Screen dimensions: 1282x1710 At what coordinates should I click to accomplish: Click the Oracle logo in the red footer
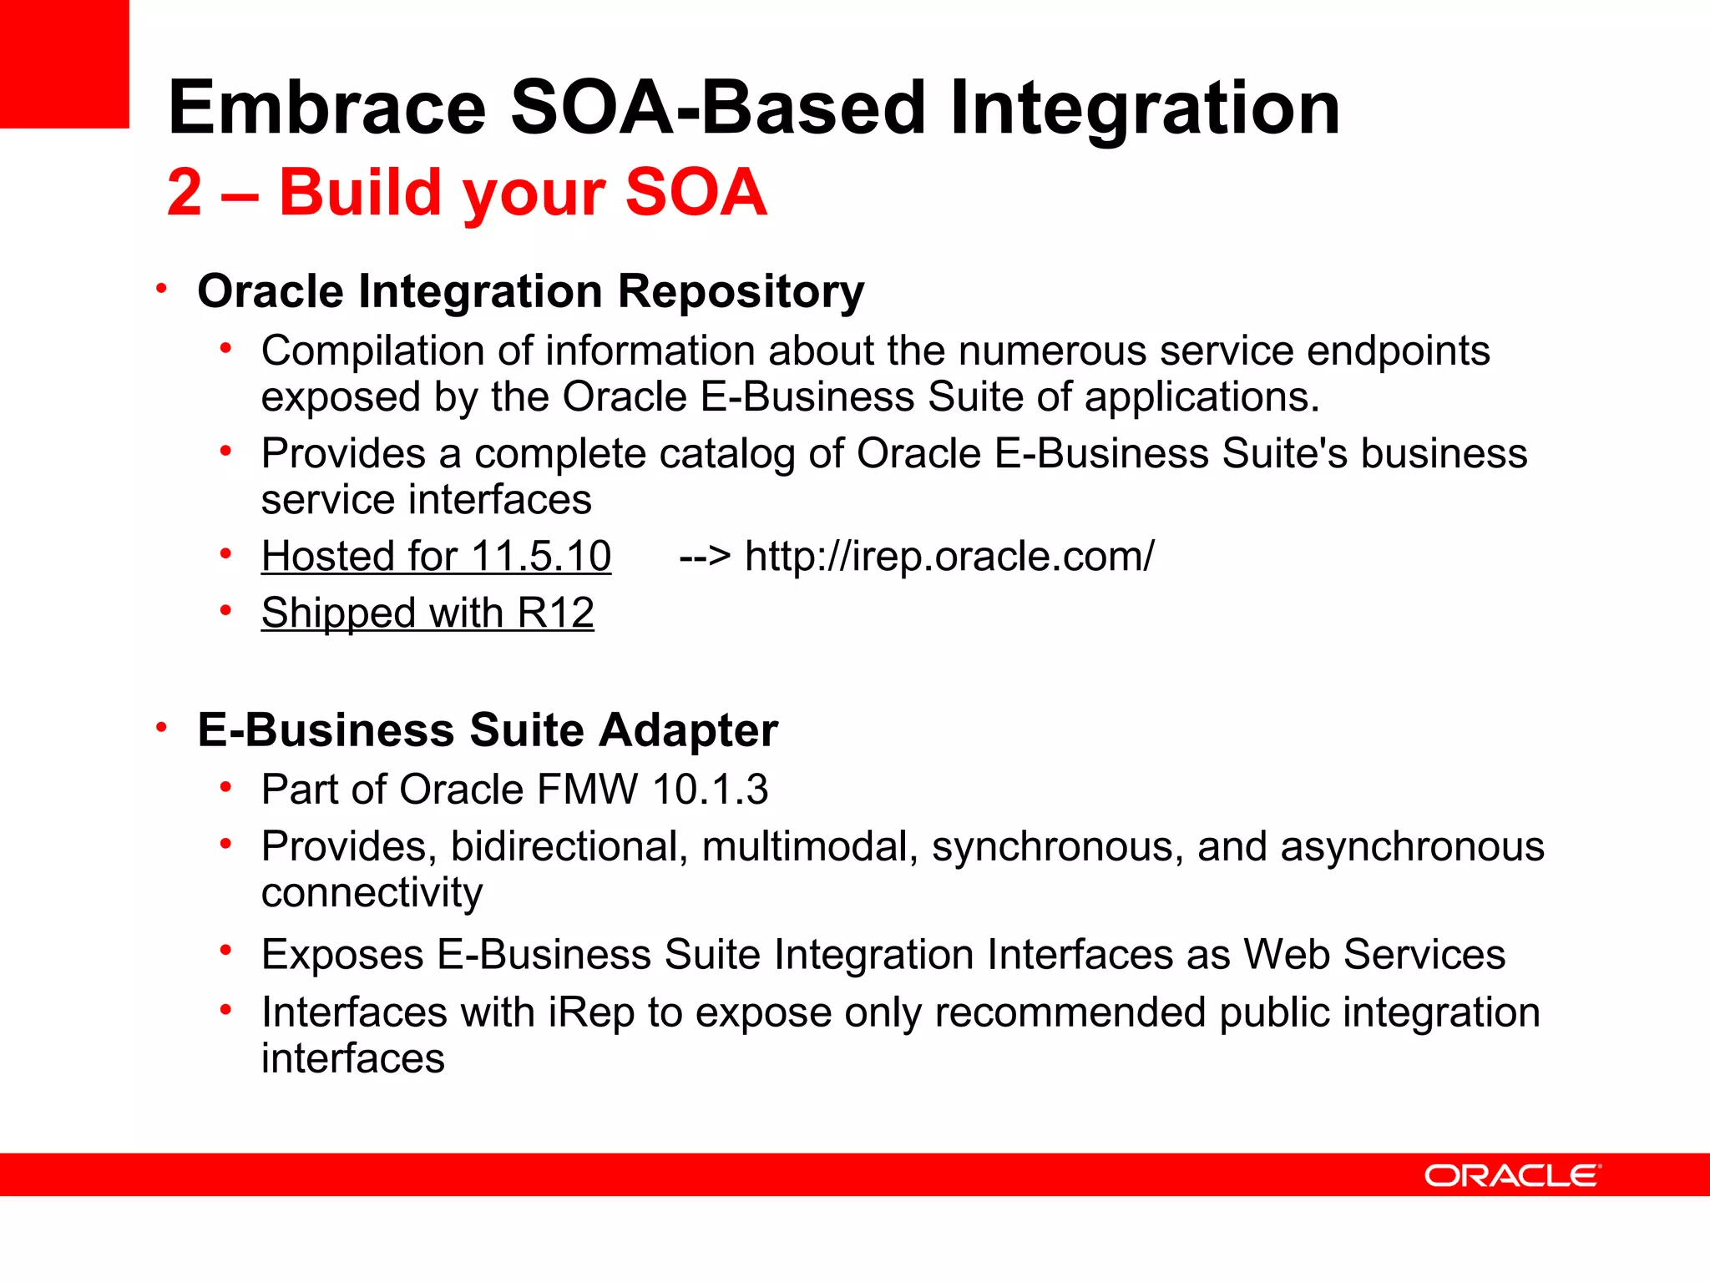tap(1512, 1175)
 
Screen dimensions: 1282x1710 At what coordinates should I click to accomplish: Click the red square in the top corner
tap(64, 63)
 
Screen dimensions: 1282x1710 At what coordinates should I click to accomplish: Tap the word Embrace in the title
tap(326, 108)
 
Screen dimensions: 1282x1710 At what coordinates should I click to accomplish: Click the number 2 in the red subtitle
tap(185, 193)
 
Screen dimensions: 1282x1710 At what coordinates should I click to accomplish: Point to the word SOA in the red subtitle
tap(696, 193)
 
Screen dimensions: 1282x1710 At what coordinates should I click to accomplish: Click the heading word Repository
tap(741, 292)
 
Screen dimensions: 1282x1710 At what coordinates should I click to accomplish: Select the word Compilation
tap(372, 351)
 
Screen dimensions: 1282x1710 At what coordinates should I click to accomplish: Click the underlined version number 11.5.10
tap(541, 556)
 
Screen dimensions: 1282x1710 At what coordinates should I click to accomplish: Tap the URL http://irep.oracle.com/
tap(949, 556)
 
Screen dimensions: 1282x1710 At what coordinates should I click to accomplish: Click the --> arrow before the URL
tap(705, 556)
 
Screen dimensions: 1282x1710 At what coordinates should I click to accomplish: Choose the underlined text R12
tap(555, 613)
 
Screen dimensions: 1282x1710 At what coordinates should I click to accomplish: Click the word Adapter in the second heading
tap(688, 730)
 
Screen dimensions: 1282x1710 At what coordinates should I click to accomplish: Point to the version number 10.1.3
tap(711, 790)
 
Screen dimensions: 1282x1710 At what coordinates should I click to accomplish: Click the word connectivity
tap(372, 892)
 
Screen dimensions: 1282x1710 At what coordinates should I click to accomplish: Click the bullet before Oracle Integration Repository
tap(162, 289)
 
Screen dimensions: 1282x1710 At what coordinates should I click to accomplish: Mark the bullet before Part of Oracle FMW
tap(225, 786)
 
